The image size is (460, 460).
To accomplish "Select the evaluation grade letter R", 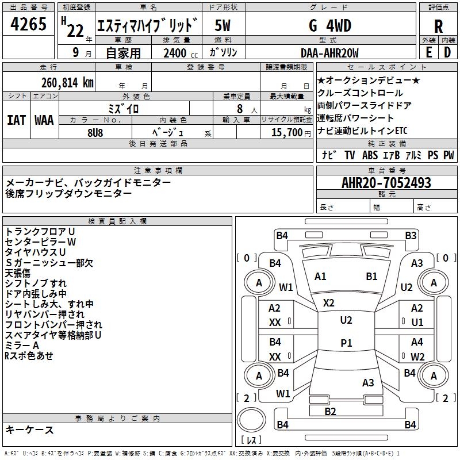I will tap(438, 26).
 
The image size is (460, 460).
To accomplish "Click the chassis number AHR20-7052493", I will tap(386, 183).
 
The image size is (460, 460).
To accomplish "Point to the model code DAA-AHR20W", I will tap(329, 53).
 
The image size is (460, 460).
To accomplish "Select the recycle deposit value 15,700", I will tap(287, 133).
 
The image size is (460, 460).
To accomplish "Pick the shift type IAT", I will tap(16, 120).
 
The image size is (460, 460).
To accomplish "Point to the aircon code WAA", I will tap(44, 120).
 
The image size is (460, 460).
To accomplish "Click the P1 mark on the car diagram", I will tap(346, 343).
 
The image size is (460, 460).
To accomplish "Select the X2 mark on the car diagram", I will tap(329, 302).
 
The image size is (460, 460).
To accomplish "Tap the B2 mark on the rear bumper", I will tap(330, 411).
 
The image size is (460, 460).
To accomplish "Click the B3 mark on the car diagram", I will tap(410, 235).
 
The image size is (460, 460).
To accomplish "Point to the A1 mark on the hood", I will tap(320, 277).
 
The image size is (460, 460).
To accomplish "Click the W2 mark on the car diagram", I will tap(417, 356).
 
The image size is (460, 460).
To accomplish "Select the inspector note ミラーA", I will tap(22, 345).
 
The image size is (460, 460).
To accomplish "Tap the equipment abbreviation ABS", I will tap(370, 155).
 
